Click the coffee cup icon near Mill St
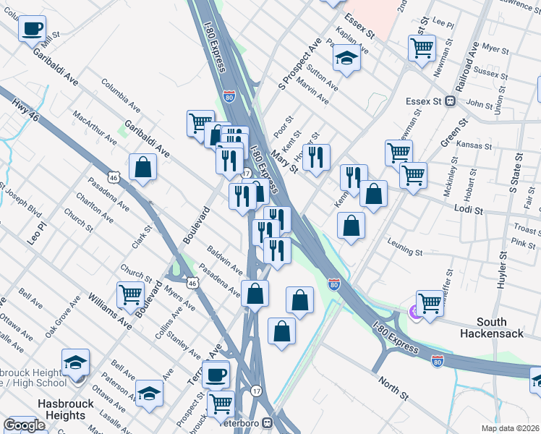[32, 28]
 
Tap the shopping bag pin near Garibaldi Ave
[143, 167]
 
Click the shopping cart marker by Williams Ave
[130, 294]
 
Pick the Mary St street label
[284, 163]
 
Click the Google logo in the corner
[24, 426]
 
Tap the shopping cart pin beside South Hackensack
[430, 302]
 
